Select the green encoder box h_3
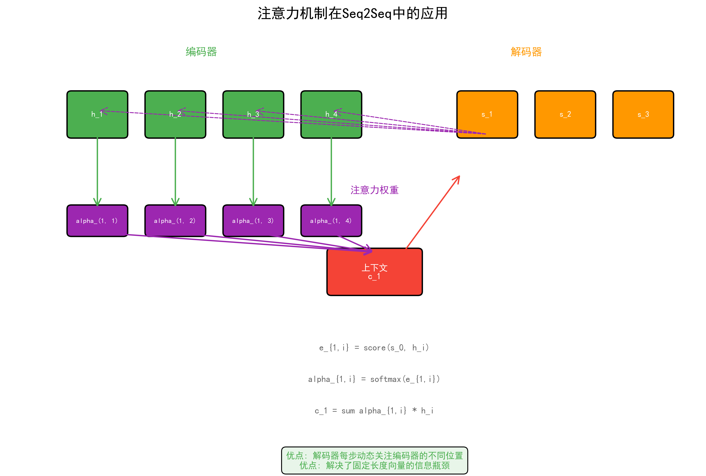(x=253, y=128)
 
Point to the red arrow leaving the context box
(x=433, y=212)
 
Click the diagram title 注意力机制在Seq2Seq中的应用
(x=352, y=14)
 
